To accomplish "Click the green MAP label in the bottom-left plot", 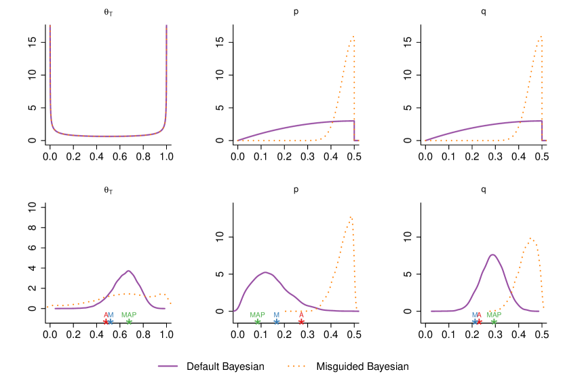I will (129, 315).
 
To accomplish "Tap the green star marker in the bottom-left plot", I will (129, 322).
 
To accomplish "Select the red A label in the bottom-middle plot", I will (301, 315).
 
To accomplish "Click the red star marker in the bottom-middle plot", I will (301, 322).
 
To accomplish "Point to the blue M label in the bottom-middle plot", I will (276, 315).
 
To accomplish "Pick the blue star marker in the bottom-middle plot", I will (276, 322).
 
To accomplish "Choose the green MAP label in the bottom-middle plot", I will (257, 315).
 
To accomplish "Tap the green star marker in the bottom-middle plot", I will (257, 322).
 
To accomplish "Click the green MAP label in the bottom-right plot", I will (494, 315).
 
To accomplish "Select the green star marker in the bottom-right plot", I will (494, 322).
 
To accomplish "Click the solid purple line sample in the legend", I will (168, 366).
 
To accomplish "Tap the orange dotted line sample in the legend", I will (296, 366).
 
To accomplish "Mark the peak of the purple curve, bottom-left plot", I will (128, 271).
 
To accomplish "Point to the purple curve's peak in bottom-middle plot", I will (266, 273).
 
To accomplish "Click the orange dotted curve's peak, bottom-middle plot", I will (351, 217).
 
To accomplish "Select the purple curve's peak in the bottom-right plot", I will (492, 255).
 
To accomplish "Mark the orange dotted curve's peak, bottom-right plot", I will (531, 238).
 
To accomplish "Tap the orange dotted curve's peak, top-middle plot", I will (352, 37).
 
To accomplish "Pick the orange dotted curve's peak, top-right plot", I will (541, 37).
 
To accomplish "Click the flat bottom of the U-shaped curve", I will (108, 136).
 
